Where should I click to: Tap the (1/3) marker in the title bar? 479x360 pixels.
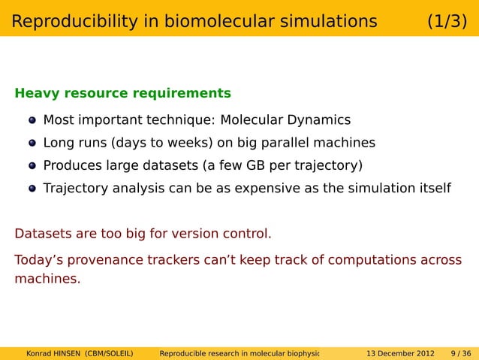(447, 22)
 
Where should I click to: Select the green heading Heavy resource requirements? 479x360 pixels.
(122, 94)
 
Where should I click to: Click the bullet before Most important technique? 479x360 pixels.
(32, 121)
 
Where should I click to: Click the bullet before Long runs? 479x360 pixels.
(32, 144)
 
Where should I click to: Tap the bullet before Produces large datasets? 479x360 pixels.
(32, 166)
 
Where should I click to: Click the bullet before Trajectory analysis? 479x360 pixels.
(32, 189)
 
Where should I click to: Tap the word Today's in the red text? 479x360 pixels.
(39, 260)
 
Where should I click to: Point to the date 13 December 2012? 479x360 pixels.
(399, 353)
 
